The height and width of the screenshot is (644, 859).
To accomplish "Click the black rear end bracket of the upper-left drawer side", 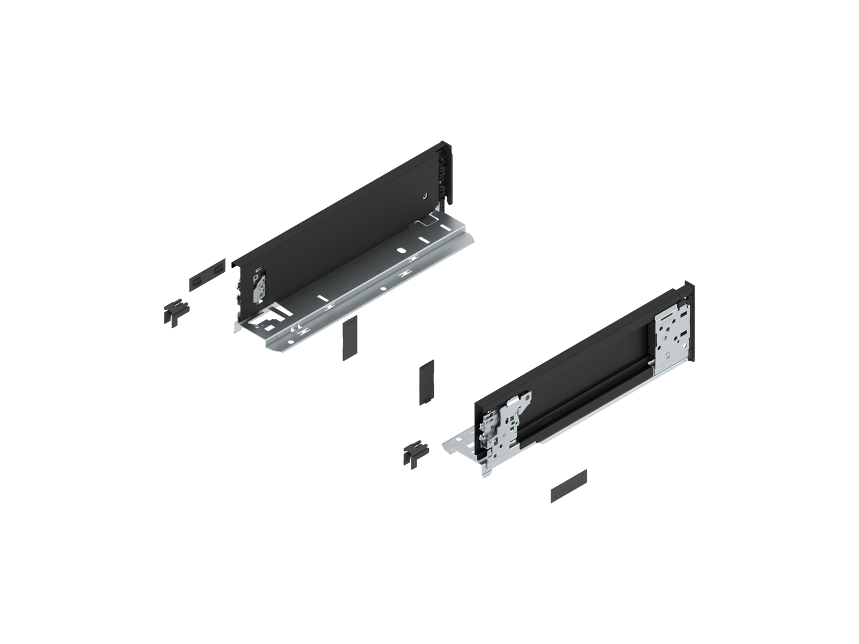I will click(x=445, y=172).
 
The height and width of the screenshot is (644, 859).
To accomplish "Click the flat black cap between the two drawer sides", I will click(x=427, y=380).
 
